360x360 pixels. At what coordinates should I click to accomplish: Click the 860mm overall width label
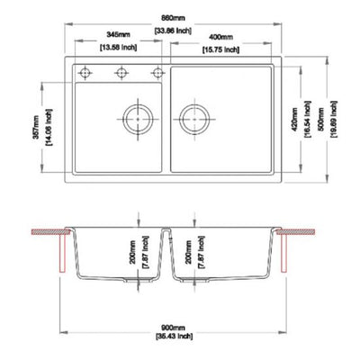click(x=174, y=18)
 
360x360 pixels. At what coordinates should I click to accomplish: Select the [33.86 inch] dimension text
click(x=174, y=30)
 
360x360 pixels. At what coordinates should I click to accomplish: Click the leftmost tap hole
click(x=86, y=72)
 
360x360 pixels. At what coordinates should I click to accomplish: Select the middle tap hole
click(x=121, y=72)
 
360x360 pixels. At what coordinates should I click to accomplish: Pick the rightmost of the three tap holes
click(x=157, y=72)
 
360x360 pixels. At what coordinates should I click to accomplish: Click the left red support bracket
click(x=60, y=253)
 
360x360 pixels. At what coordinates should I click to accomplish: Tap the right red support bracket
click(x=285, y=253)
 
